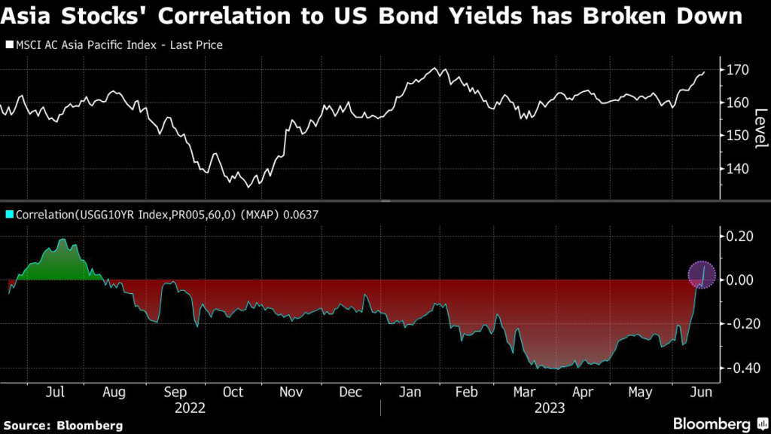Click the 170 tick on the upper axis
click(735, 70)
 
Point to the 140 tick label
click(735, 169)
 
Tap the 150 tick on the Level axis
click(735, 136)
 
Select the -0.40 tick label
click(736, 368)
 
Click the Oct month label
click(233, 393)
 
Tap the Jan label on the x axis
click(409, 393)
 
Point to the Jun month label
click(699, 393)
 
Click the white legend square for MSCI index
click(9, 45)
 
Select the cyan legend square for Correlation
click(9, 215)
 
